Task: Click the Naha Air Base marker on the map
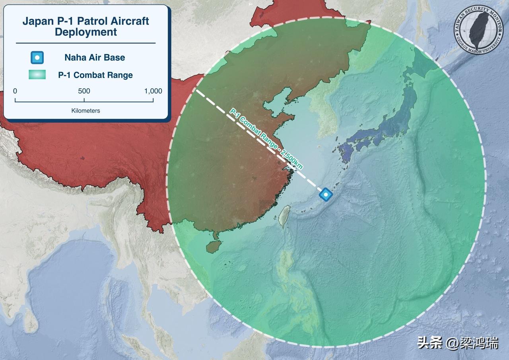click(x=326, y=195)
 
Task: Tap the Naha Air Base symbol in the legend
click(x=37, y=58)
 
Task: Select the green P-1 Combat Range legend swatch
click(x=37, y=75)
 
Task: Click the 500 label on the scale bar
click(x=84, y=91)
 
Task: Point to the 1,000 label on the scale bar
click(x=153, y=91)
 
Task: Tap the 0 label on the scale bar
click(x=15, y=91)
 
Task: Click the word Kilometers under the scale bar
click(x=85, y=111)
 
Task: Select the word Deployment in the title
click(x=86, y=32)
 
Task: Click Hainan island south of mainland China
click(x=214, y=245)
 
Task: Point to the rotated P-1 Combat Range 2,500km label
click(x=266, y=140)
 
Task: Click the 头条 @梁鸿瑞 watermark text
click(x=457, y=342)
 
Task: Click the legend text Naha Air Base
click(x=95, y=58)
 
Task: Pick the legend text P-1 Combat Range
click(x=95, y=75)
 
